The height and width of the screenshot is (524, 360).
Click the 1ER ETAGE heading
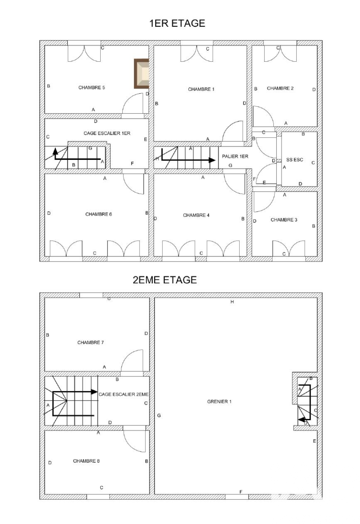pos(177,23)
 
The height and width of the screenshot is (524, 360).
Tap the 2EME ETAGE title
pos(165,280)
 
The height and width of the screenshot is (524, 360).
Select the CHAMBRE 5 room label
pos(91,87)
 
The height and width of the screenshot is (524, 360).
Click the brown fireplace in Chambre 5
pos(142,74)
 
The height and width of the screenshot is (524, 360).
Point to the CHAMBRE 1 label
pos(201,89)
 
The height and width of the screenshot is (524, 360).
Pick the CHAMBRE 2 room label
pos(280,88)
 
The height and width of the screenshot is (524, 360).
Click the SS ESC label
pos(295,160)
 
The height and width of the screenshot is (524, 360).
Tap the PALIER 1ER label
pos(235,156)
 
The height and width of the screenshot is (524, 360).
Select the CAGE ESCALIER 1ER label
pos(107,133)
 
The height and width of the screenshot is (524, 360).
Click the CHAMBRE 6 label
pos(99,214)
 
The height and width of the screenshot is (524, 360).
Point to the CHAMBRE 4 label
pos(196,215)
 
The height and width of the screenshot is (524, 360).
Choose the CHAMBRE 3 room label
pos(284,220)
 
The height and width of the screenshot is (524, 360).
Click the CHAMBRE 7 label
pos(91,343)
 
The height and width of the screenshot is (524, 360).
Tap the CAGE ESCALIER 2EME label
pos(123,394)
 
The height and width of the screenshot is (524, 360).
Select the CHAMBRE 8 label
pos(86,461)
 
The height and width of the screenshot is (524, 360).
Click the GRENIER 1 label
pos(219,401)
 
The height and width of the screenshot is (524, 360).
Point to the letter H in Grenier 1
pos(232,302)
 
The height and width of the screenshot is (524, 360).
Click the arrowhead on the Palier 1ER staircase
pos(212,160)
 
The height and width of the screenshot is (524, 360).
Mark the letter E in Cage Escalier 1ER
pos(146,139)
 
